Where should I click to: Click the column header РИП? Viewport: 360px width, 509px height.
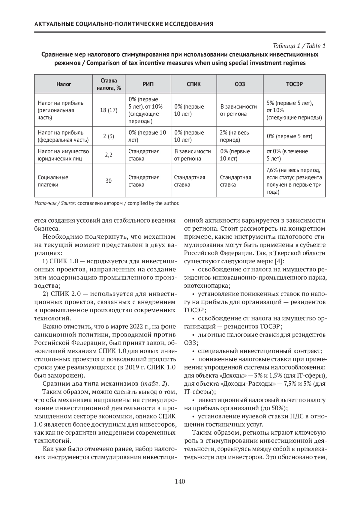pyautogui.click(x=148, y=84)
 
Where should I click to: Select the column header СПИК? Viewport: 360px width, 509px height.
pyautogui.click(x=193, y=84)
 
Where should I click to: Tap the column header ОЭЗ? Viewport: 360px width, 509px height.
pyautogui.click(x=240, y=84)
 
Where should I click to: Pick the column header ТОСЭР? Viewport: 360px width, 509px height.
pyautogui.click(x=294, y=84)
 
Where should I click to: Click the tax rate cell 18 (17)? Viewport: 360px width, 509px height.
pyautogui.click(x=109, y=110)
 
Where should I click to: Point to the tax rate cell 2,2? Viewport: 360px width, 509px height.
pyautogui.click(x=109, y=155)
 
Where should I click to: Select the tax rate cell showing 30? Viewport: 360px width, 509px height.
pyautogui.click(x=109, y=181)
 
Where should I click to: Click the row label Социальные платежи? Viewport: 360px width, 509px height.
pyautogui.click(x=53, y=181)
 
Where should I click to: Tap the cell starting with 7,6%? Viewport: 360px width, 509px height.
pyautogui.click(x=294, y=181)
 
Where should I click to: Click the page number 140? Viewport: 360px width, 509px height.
pyautogui.click(x=180, y=482)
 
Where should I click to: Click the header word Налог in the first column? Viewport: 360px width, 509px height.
pyautogui.click(x=64, y=84)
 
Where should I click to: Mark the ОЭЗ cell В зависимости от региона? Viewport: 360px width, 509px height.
pyautogui.click(x=238, y=110)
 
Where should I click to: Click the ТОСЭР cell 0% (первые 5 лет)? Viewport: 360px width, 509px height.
pyautogui.click(x=289, y=136)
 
